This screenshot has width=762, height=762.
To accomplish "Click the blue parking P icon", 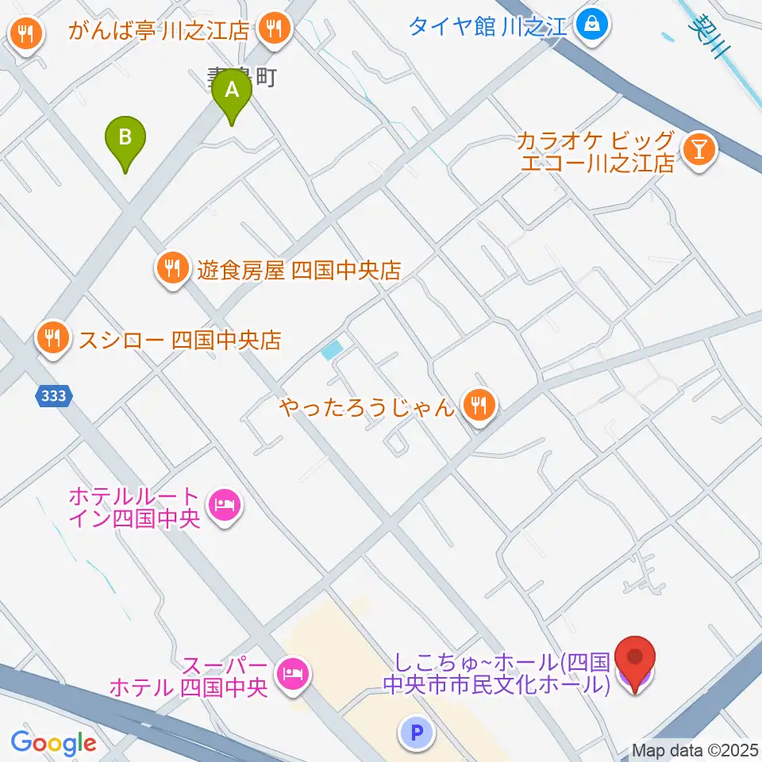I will click(418, 733).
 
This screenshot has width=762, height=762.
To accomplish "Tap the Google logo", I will click(53, 743).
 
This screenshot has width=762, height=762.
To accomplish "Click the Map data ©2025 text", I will click(695, 749).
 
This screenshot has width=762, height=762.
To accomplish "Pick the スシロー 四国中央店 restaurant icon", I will click(52, 340).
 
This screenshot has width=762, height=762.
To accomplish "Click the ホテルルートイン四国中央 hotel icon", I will click(224, 504).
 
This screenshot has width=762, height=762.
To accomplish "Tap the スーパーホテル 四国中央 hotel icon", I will click(291, 674).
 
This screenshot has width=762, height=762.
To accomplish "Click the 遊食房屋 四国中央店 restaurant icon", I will click(172, 270).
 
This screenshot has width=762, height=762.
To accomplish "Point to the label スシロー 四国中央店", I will click(179, 341).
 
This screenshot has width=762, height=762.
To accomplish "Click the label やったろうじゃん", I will click(367, 408).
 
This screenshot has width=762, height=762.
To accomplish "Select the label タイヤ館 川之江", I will click(487, 27).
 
